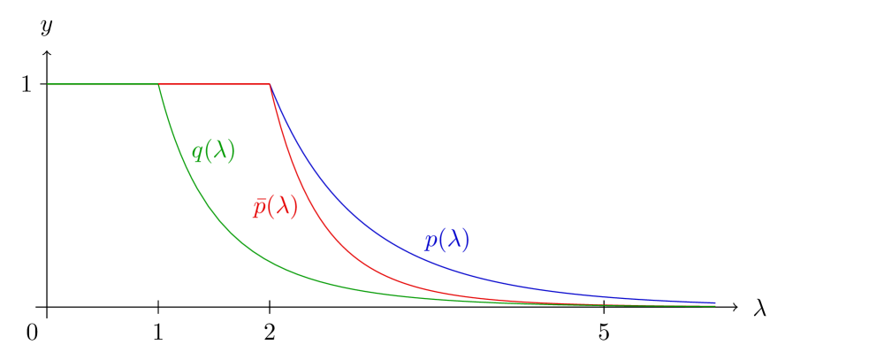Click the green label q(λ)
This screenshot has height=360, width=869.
(x=213, y=151)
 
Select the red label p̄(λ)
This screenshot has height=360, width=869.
(x=275, y=207)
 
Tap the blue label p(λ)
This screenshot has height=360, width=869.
(x=446, y=241)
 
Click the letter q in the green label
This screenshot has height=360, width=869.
(x=197, y=153)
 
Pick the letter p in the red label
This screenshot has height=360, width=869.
(x=259, y=209)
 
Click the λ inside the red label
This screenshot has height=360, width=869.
(x=281, y=206)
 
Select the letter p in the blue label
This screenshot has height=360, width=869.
(x=431, y=242)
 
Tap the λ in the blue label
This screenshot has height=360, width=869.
(x=453, y=240)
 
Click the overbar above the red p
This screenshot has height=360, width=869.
(x=259, y=198)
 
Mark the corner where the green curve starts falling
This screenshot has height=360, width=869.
(x=158, y=85)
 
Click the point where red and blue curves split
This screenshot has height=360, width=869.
(x=270, y=85)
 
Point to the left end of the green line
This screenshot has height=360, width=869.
(x=49, y=84)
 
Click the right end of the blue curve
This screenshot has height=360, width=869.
(x=714, y=303)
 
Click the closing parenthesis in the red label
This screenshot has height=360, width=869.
(x=293, y=207)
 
